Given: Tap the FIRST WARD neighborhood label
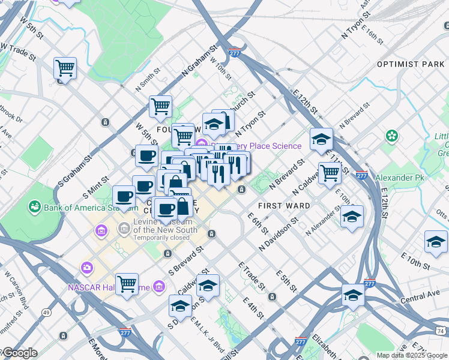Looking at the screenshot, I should (283, 206).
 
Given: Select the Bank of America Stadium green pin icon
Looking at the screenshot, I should (34, 208).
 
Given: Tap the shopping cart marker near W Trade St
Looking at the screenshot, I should (65, 68).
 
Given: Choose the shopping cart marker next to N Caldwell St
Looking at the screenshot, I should (330, 172).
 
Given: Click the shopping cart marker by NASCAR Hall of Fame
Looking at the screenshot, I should (127, 284).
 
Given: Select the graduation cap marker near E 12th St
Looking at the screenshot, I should (321, 139).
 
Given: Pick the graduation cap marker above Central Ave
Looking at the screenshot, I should (353, 295).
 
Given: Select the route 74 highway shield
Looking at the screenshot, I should (441, 331).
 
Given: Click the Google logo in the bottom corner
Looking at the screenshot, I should (19, 353).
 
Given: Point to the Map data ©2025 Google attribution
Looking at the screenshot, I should (411, 355).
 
